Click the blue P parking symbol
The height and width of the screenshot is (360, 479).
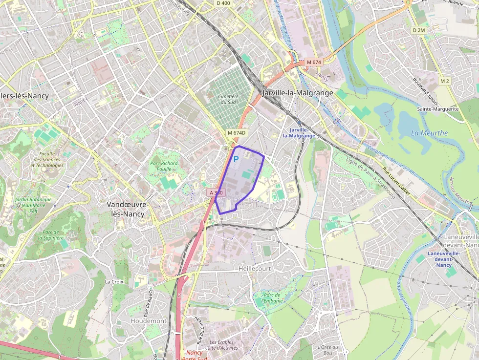(236, 159)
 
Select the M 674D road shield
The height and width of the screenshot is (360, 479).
(236, 133)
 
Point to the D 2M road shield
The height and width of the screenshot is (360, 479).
(419, 30)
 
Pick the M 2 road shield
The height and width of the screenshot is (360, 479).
(444, 81)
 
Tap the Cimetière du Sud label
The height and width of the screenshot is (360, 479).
(229, 99)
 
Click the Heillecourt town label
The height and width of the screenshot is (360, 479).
(255, 269)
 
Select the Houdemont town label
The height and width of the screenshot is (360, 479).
(149, 321)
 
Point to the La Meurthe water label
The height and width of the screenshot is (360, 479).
(429, 133)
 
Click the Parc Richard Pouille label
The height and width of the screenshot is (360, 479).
(164, 166)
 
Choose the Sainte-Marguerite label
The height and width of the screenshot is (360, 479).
(437, 109)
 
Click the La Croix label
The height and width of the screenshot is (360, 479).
(114, 282)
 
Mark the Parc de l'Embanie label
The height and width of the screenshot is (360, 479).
(271, 298)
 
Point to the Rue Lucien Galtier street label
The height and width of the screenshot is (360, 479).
(396, 181)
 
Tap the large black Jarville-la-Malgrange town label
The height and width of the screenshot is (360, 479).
(298, 93)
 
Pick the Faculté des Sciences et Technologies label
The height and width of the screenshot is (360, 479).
(47, 159)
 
